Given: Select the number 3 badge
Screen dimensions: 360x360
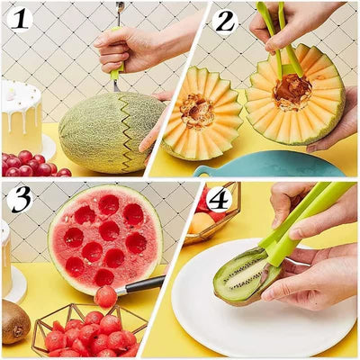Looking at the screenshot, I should [21, 199].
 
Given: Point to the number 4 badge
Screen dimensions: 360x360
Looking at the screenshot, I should [218, 198].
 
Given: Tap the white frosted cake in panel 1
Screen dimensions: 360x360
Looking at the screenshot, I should [20, 117].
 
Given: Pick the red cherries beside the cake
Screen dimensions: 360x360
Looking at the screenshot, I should [31, 165].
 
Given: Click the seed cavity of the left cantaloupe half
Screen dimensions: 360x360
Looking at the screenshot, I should [196, 111].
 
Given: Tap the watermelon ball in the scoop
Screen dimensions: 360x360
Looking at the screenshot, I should [105, 296].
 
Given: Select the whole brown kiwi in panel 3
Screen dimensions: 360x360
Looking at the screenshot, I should [14, 321].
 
